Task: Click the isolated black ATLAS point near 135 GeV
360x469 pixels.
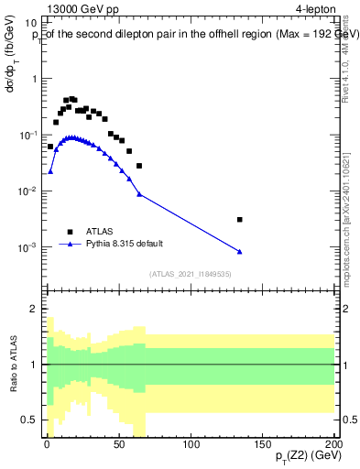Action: (x=239, y=220)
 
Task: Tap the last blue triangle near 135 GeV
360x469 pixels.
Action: (x=239, y=252)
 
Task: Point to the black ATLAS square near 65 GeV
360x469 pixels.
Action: (x=139, y=166)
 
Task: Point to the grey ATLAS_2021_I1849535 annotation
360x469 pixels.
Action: (x=190, y=274)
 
